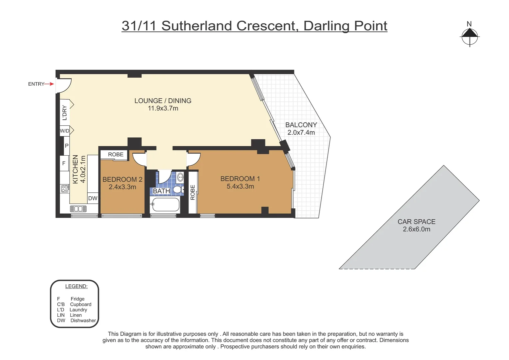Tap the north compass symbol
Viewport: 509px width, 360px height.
click(x=469, y=36)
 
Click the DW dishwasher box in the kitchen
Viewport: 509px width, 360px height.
click(x=93, y=198)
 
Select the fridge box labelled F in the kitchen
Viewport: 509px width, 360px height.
click(x=64, y=163)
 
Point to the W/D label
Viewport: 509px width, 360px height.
click(x=65, y=131)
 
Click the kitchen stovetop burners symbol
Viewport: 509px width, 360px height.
click(x=65, y=189)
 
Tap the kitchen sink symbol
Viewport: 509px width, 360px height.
click(x=78, y=209)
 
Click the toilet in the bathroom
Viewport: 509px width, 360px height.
click(x=178, y=190)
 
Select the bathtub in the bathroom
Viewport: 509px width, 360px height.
click(x=166, y=205)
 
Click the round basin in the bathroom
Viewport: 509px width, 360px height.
click(x=180, y=177)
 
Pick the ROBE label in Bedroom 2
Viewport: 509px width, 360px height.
click(x=116, y=154)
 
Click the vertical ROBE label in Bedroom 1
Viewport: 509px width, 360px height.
click(x=193, y=192)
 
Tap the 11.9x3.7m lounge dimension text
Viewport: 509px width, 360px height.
click(x=163, y=108)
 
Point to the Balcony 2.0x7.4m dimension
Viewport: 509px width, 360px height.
click(x=301, y=132)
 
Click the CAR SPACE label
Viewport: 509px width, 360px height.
click(x=416, y=222)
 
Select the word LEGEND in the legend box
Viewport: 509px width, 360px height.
click(x=76, y=286)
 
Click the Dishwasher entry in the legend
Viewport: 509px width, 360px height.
click(x=83, y=321)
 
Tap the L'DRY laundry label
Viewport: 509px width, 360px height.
click(x=65, y=113)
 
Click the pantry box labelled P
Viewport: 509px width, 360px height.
click(x=67, y=146)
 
